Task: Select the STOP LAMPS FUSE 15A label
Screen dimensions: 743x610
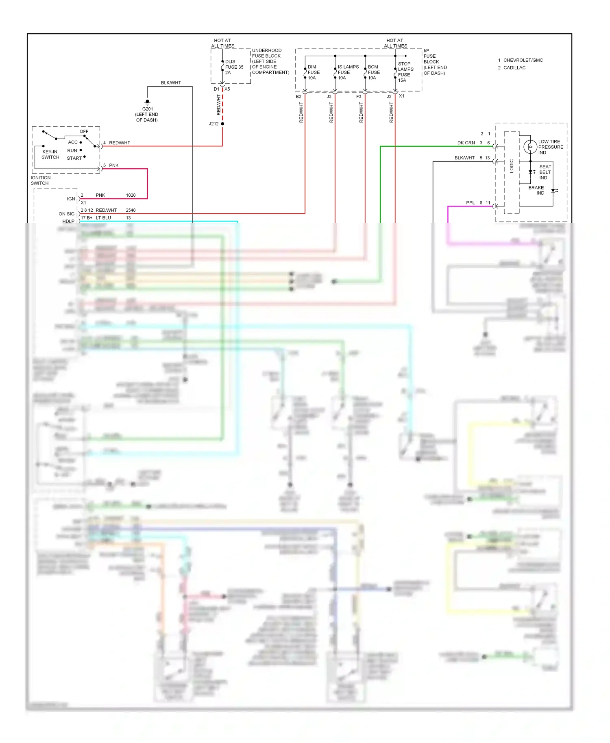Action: (405, 72)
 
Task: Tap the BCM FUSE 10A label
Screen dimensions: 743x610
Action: (374, 72)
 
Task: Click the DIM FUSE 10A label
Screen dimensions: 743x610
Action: (314, 72)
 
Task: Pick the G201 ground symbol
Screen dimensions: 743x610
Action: (148, 102)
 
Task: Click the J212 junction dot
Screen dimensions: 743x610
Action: (222, 124)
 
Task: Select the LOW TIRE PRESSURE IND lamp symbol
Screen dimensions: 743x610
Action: (530, 146)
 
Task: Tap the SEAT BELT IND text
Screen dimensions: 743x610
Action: (545, 172)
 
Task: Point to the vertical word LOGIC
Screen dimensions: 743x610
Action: (512, 166)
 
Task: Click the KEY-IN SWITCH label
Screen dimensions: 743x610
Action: (50, 154)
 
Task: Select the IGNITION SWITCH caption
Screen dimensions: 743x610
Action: (40, 180)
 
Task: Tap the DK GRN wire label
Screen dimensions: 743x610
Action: (466, 143)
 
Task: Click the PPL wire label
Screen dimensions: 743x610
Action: (470, 203)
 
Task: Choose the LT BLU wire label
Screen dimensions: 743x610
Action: (103, 218)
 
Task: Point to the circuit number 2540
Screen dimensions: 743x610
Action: (131, 210)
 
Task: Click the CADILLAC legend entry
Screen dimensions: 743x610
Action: (514, 68)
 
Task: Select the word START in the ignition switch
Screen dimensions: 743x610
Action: (74, 158)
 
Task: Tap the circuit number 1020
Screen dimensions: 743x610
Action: (131, 196)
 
